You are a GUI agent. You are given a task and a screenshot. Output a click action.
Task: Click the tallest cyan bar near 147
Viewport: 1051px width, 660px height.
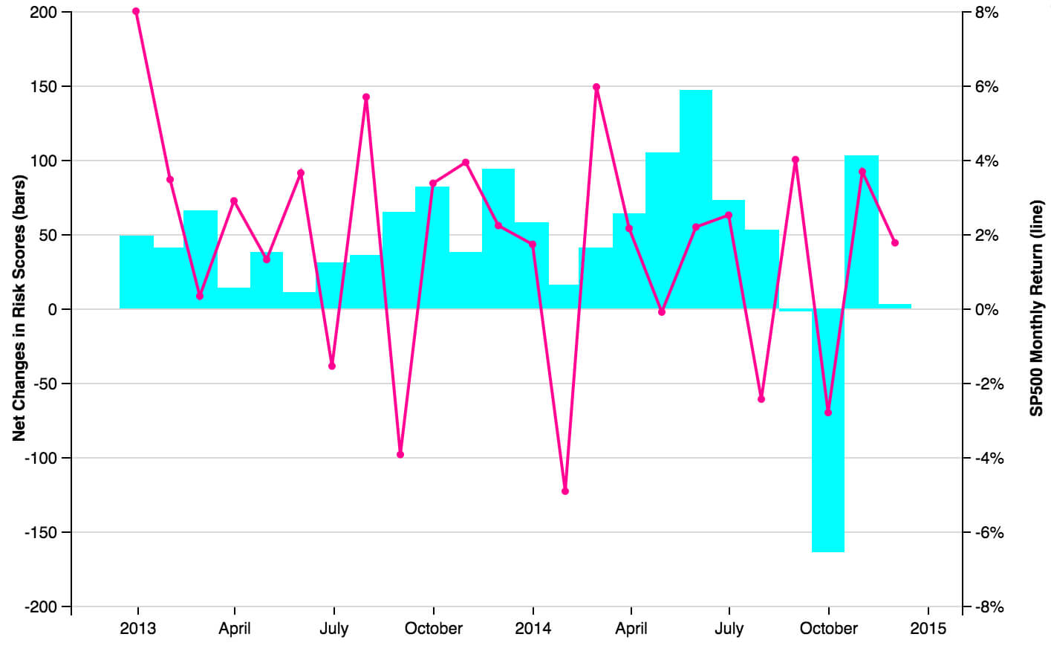(696, 199)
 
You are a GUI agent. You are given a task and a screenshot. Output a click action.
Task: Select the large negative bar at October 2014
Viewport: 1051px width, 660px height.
(828, 430)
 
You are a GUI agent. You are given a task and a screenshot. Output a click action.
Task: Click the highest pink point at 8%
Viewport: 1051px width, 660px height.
(136, 11)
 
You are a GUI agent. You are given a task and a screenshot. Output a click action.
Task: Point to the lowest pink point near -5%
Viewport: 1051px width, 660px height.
(565, 491)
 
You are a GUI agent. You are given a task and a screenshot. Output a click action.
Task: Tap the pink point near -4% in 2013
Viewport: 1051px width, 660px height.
(400, 454)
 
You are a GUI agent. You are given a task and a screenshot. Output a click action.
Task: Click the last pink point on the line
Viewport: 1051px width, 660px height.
(895, 242)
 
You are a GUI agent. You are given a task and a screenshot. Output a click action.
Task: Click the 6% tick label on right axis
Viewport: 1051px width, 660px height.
(986, 87)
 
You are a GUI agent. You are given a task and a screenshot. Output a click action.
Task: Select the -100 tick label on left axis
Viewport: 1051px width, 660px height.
(41, 458)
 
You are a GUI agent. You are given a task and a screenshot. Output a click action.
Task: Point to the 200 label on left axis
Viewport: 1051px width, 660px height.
(43, 13)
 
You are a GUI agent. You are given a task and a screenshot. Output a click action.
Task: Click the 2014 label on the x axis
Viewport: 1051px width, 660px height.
(533, 629)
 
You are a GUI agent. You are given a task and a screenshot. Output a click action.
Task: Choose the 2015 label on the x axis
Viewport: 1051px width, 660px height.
(928, 629)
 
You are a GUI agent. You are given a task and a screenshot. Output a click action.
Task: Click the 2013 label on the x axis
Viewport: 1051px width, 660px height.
(137, 629)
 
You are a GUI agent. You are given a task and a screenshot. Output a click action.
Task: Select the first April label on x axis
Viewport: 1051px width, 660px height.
(235, 629)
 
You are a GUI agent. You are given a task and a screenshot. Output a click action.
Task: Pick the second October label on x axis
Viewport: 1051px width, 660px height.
(828, 629)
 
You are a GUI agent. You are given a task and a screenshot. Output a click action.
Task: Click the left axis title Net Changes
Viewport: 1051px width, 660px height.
(19, 308)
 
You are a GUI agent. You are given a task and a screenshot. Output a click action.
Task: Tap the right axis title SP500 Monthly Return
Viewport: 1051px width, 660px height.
(1037, 308)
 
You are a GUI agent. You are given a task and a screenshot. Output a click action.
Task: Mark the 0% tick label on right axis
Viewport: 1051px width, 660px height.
(986, 310)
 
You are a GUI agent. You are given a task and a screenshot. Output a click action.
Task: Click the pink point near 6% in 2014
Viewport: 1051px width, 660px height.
(596, 87)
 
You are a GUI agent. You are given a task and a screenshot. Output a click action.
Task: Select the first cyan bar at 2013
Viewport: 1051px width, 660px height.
(136, 272)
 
